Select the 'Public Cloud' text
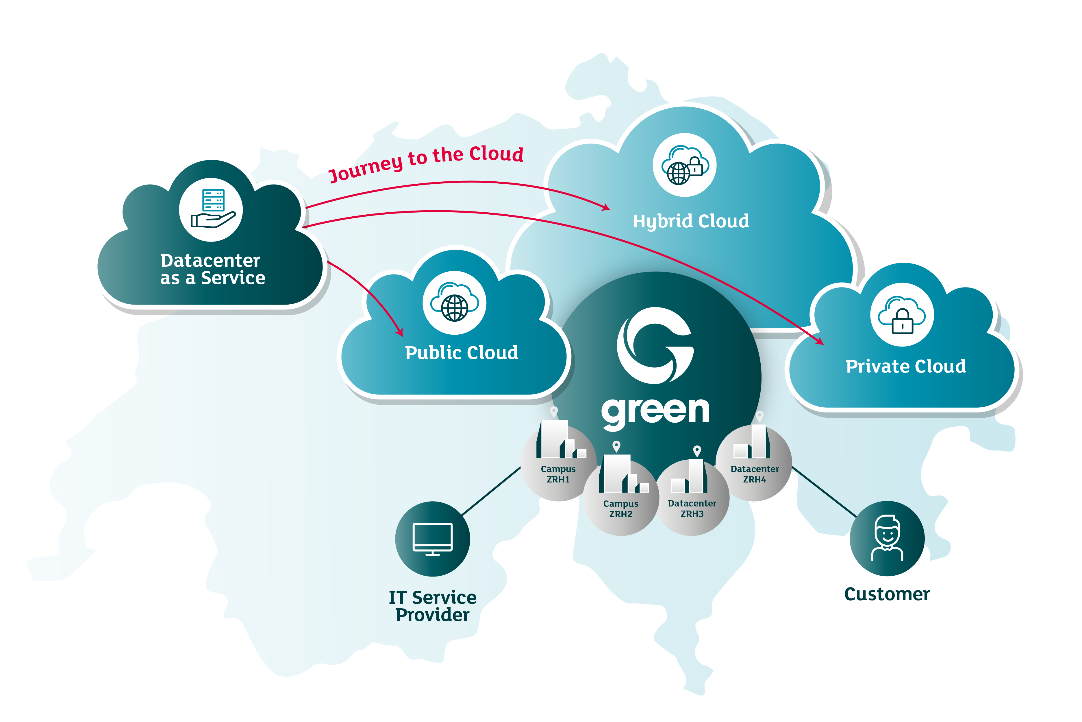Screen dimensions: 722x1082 tap(462, 353)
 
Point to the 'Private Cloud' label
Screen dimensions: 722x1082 tap(905, 366)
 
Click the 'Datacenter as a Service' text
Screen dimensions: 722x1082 tap(212, 269)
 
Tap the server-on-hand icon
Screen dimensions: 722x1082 tap(211, 209)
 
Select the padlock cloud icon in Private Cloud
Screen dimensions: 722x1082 tap(902, 315)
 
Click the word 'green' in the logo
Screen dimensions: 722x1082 tap(655, 411)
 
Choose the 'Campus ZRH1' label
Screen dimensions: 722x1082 tap(558, 474)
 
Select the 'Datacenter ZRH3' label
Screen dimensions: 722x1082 tap(692, 508)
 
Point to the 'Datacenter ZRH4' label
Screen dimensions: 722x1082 tap(755, 474)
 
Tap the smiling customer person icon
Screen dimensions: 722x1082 tap(887, 538)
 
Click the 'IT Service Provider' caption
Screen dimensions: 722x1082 tap(432, 606)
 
